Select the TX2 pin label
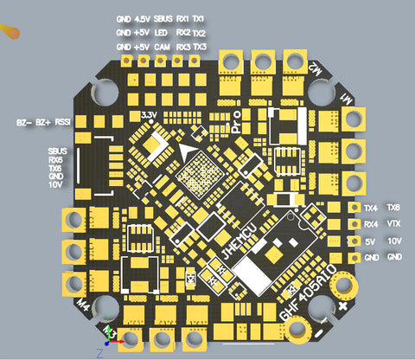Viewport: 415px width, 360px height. coord(199,32)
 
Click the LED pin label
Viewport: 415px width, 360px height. coord(161,32)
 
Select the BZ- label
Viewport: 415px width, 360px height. coord(23,123)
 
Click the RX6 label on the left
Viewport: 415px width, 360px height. coord(55,159)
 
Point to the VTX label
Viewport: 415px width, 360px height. coord(393,223)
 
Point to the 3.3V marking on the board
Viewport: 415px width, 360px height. coord(148,114)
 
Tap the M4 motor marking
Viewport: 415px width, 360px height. coord(84,304)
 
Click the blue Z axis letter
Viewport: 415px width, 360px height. coord(100,353)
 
